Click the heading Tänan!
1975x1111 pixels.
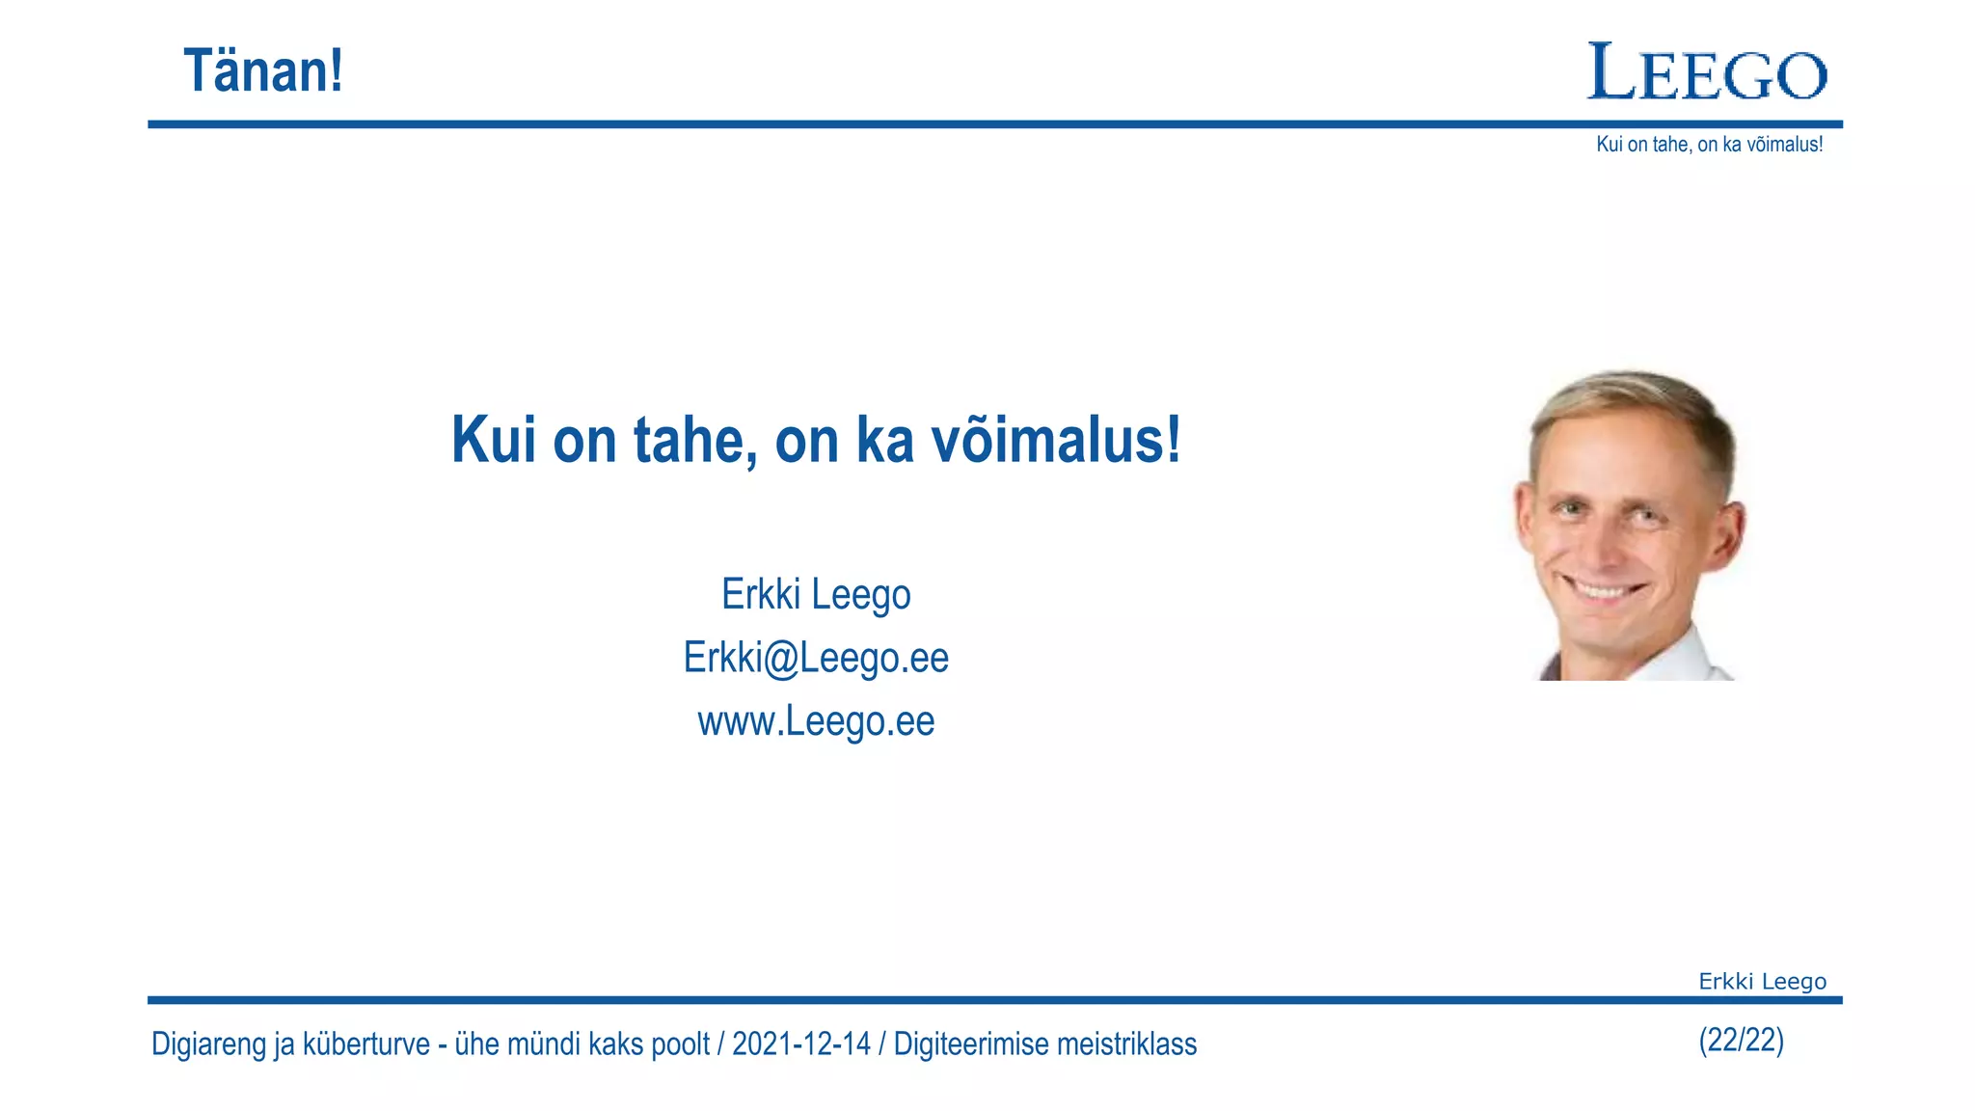(262, 71)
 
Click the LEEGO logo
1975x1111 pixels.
(1707, 73)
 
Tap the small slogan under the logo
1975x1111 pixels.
(1709, 145)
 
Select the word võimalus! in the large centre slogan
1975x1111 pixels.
(1055, 440)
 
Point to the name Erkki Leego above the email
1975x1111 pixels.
(816, 594)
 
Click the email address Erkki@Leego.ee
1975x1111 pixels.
(816, 658)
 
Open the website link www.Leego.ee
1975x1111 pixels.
(816, 721)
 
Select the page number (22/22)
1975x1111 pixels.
(1741, 1041)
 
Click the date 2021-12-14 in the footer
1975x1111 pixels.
(800, 1044)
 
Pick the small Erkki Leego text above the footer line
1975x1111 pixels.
(1762, 982)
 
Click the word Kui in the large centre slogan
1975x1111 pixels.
(493, 440)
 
